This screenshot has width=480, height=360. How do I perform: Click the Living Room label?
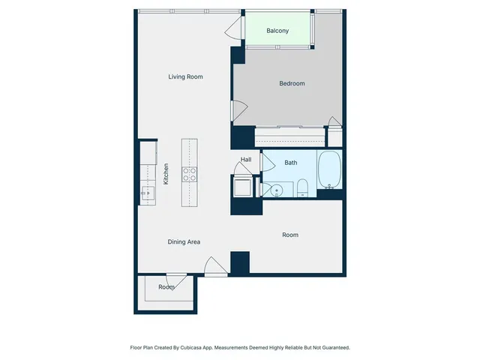point(185,76)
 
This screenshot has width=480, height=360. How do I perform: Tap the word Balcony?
point(278,31)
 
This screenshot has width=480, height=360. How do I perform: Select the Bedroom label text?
point(292,83)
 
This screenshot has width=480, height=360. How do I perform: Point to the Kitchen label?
point(166,175)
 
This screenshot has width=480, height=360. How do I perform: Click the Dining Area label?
point(184,241)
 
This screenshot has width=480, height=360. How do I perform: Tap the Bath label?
point(290,162)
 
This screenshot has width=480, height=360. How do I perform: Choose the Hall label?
point(246,160)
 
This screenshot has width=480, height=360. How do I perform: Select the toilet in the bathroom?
point(301,187)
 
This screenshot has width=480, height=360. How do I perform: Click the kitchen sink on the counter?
point(147,193)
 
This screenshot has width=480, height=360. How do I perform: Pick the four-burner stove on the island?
point(190,174)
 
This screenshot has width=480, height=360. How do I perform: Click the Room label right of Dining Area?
point(290,235)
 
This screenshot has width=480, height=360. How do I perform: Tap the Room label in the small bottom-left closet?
point(166,287)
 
